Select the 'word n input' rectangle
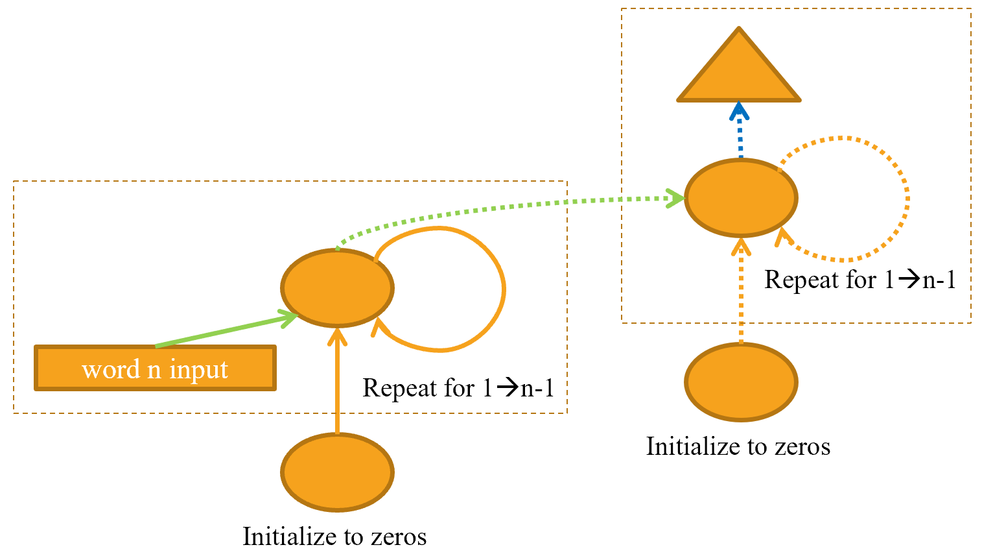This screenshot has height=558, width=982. pos(156,368)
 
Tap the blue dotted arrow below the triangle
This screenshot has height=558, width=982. pos(740,133)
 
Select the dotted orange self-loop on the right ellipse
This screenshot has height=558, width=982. pos(906,198)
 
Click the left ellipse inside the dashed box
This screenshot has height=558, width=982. pos(337,287)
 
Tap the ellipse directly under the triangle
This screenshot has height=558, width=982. pos(741,197)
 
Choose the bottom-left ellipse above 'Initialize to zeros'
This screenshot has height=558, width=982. pos(337,472)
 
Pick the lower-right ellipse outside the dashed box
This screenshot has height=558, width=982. pos(741,382)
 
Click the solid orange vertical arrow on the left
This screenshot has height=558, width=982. pos(337,383)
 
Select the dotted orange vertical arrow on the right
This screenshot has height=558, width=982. pos(741,292)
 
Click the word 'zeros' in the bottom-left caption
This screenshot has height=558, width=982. pos(399,537)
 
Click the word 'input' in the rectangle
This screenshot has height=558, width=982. pos(198,369)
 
